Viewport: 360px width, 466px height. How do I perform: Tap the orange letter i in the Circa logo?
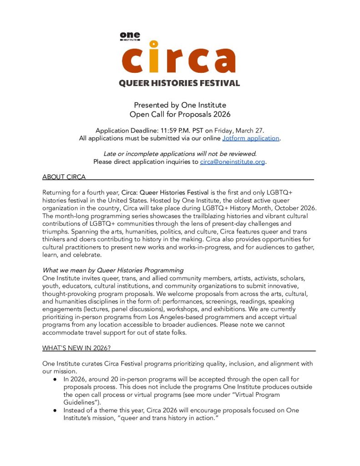(154, 57)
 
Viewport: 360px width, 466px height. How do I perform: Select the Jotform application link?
(250, 138)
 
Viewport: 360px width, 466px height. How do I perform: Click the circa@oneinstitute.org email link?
(232, 162)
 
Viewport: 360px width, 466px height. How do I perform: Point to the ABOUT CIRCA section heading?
(64, 177)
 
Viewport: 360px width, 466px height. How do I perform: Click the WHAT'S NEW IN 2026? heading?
(76, 348)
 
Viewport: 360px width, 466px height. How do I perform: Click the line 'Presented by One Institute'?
(180, 106)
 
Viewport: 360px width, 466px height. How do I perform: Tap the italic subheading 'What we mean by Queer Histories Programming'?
(113, 270)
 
